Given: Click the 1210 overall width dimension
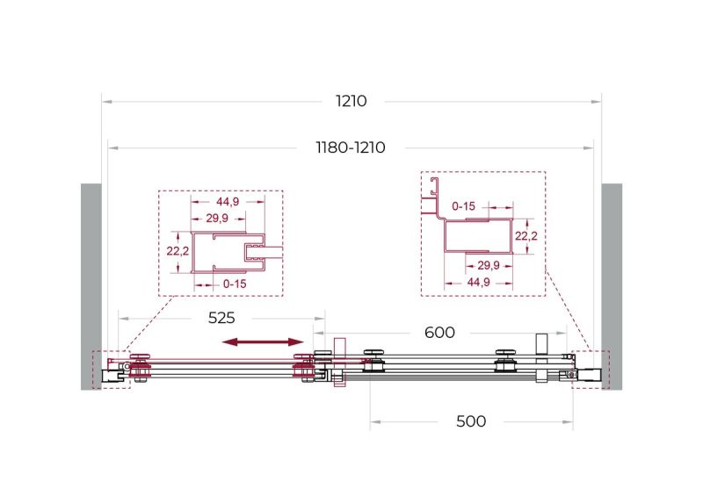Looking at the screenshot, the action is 351,101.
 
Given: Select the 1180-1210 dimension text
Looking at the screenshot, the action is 351,147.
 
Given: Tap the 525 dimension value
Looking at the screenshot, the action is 221,318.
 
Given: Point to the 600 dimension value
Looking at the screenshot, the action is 439,333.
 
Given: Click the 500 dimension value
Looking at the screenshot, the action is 471,421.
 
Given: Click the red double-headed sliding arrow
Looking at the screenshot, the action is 263,342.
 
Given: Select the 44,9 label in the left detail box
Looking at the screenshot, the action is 228,202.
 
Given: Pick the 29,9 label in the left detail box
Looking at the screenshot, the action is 217,219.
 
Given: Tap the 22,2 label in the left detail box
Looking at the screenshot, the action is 178,251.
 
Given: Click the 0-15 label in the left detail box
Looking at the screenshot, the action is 235,284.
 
